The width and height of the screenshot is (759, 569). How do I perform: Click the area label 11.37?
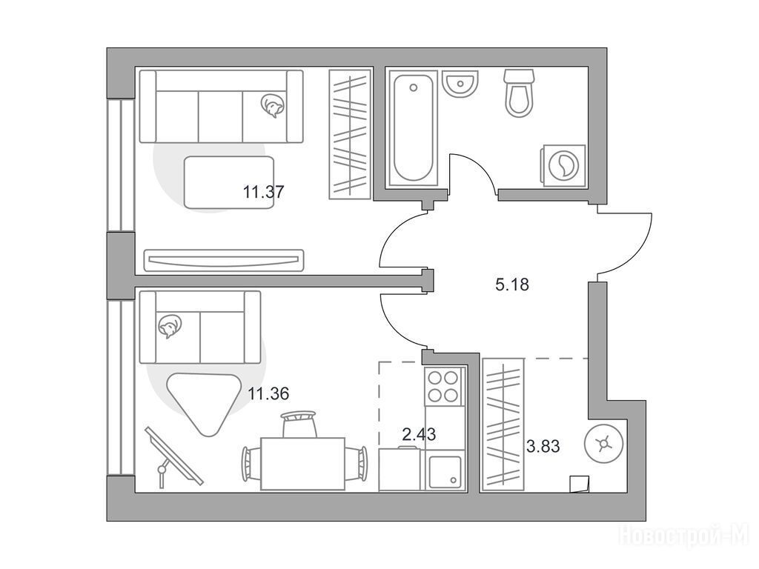[263, 192]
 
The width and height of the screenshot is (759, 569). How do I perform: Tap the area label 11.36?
[268, 394]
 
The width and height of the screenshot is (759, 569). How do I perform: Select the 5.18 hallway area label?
[512, 284]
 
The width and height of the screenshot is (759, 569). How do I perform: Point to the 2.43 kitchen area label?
[419, 434]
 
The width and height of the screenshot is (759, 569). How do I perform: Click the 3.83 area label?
[543, 446]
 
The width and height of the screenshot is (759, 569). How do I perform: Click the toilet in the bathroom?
[519, 93]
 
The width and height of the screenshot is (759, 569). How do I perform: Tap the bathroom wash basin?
[460, 84]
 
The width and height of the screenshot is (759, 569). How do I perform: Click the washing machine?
[563, 165]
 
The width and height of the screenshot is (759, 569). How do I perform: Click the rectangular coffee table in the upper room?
[228, 183]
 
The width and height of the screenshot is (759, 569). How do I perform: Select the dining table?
[302, 464]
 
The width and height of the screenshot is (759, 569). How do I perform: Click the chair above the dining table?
[298, 424]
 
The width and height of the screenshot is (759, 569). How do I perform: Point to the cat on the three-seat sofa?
[272, 105]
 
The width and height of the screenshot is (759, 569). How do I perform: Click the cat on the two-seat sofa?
[169, 326]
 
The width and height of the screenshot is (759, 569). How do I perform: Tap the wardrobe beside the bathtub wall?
[350, 134]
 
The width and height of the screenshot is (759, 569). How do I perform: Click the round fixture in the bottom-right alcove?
[604, 445]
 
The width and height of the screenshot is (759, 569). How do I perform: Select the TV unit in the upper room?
[224, 260]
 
